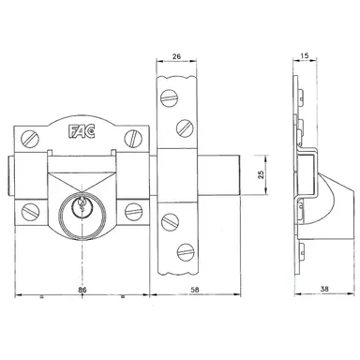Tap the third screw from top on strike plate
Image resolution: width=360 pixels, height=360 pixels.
(170, 221)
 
